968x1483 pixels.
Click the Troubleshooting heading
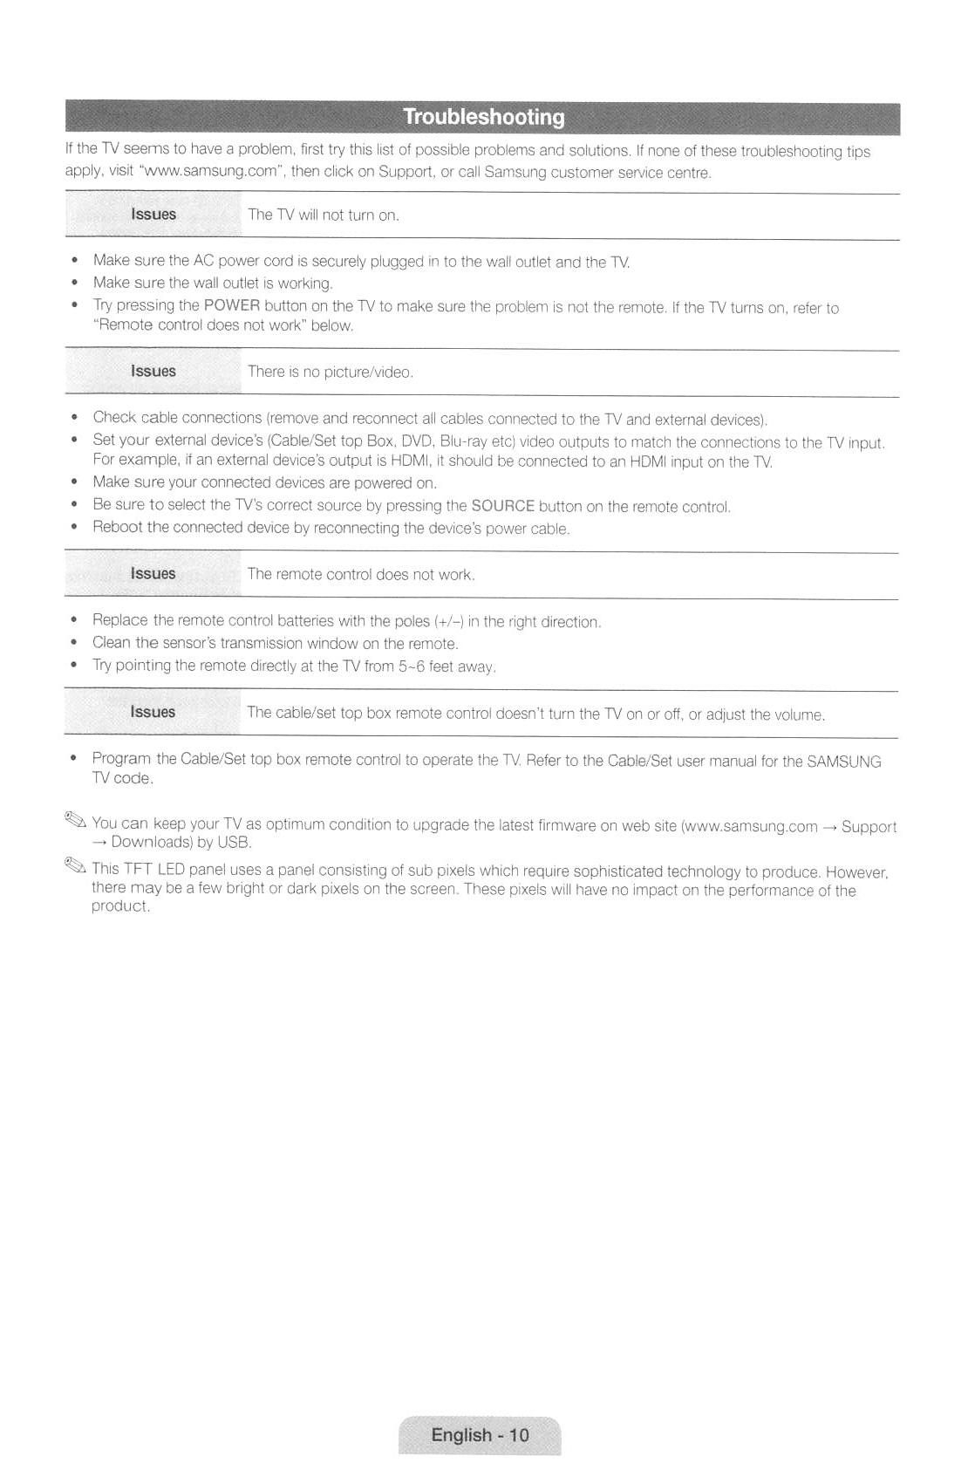(x=483, y=118)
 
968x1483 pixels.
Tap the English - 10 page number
(x=480, y=1435)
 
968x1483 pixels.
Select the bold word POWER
(x=231, y=305)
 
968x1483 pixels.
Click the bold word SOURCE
(x=502, y=506)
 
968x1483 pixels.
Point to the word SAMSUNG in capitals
(x=843, y=762)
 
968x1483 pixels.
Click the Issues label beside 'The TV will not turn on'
(x=153, y=215)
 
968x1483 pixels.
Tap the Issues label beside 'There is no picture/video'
(x=153, y=372)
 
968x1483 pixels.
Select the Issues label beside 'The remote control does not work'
(x=153, y=574)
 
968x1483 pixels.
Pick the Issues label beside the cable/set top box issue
(x=153, y=712)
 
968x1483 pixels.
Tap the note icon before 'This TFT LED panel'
(x=75, y=865)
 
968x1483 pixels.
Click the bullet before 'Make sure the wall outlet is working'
(x=77, y=283)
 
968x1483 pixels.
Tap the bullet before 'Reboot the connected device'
(x=77, y=527)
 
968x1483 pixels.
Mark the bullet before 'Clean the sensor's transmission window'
(x=77, y=643)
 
